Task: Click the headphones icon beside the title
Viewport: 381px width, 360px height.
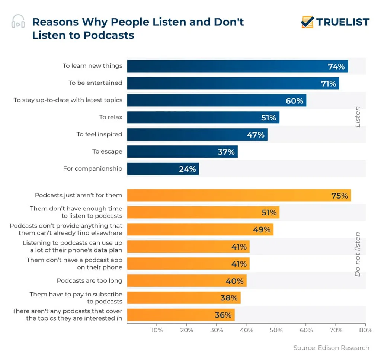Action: pos(18,22)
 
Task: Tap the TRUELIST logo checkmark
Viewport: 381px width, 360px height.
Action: pos(307,22)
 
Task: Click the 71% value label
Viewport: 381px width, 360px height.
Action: pos(329,84)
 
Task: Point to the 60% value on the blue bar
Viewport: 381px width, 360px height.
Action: pos(295,101)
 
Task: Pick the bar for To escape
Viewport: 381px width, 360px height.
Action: pos(182,152)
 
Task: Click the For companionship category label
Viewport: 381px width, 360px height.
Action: pos(93,168)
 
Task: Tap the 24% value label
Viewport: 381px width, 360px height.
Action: pos(187,169)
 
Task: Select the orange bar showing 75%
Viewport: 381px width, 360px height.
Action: pos(238,195)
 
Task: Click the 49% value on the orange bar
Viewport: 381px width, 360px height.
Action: pos(262,230)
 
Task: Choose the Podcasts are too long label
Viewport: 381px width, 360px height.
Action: pos(89,280)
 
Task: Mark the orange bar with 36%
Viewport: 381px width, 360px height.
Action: pos(180,315)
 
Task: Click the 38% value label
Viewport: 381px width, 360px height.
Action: pos(228,298)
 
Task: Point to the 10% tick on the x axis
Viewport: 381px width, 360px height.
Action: pos(157,330)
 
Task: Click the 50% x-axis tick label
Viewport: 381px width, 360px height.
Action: pos(276,330)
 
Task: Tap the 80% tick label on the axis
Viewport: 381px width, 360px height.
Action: pos(365,330)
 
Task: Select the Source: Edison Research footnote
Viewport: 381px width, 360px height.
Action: pos(331,348)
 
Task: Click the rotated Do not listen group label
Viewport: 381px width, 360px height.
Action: pos(358,254)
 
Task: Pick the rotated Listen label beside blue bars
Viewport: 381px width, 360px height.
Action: pos(358,117)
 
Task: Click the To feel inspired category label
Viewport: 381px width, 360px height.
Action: pos(99,134)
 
